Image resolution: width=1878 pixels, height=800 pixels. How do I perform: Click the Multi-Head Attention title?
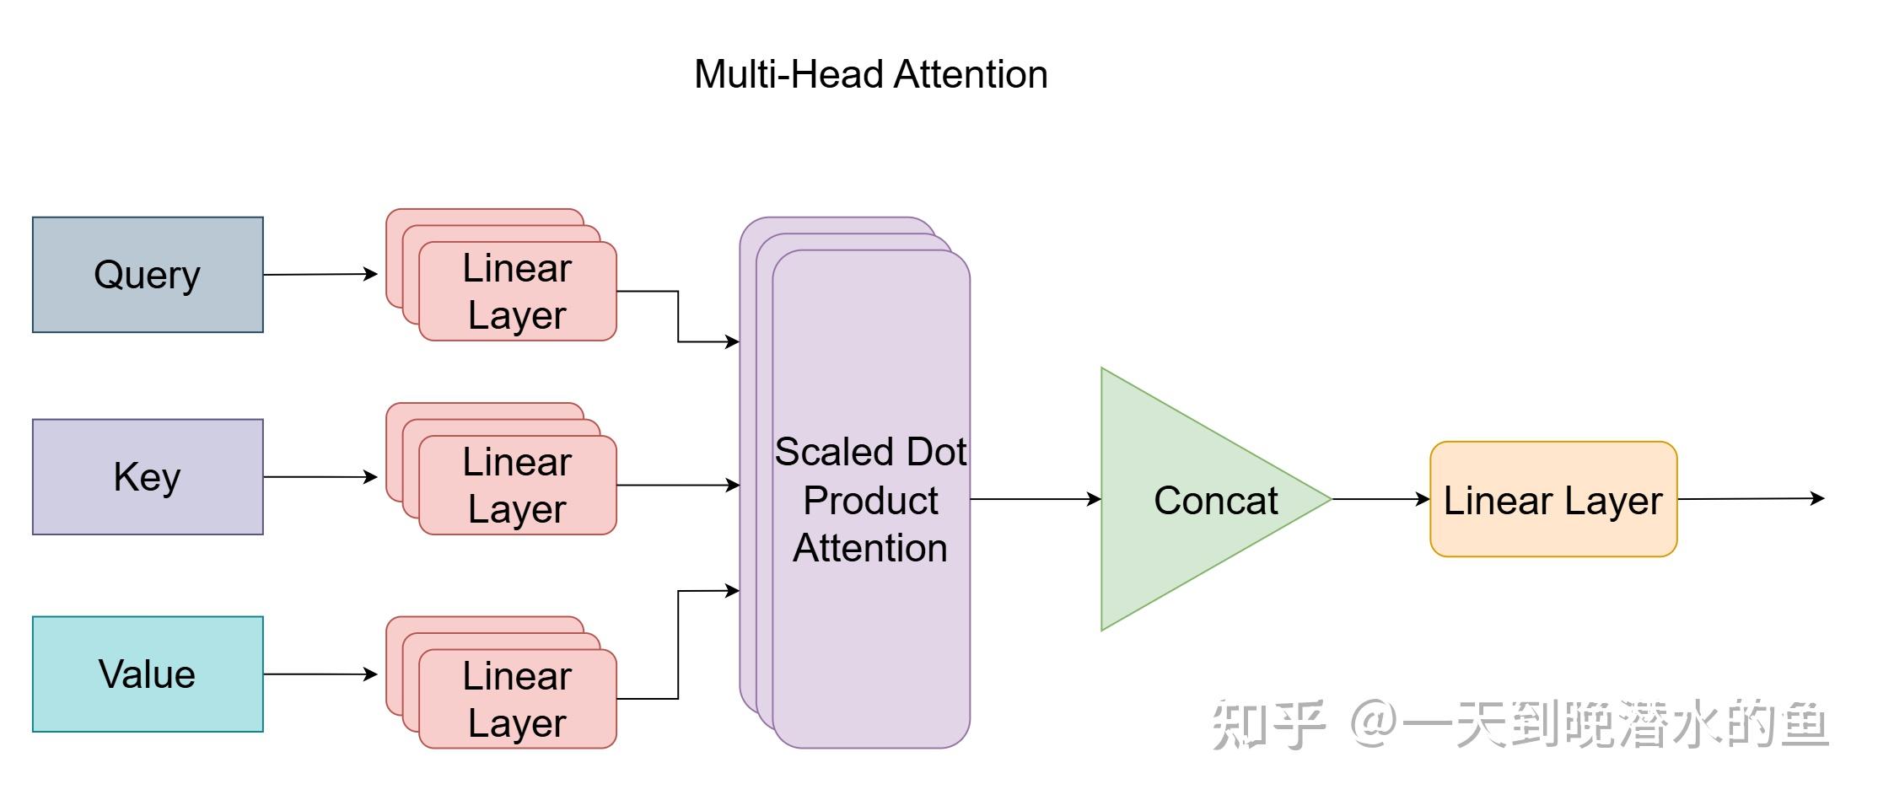click(x=870, y=74)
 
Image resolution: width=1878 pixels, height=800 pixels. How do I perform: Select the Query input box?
click(x=148, y=275)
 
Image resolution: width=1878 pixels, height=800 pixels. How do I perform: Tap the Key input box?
click(x=148, y=477)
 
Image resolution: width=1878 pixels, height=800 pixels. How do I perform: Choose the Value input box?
click(x=148, y=674)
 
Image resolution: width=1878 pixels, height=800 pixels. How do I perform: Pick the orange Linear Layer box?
click(x=1552, y=499)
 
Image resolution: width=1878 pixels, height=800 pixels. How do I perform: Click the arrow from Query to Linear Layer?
click(x=320, y=274)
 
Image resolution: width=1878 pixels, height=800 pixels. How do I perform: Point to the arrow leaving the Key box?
click(x=320, y=477)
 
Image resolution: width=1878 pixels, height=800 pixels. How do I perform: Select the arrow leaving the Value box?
click(x=320, y=674)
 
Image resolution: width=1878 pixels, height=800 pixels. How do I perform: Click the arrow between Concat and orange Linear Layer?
click(x=1380, y=499)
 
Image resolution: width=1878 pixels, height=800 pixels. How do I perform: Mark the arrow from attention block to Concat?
click(x=1035, y=499)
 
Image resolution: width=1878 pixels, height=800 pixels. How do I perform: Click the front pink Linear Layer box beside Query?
click(x=517, y=292)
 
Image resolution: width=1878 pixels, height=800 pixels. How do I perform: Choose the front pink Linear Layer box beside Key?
click(x=517, y=486)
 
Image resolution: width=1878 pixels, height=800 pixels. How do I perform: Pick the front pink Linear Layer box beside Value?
click(x=517, y=700)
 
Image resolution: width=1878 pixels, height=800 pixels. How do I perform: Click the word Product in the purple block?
click(x=870, y=501)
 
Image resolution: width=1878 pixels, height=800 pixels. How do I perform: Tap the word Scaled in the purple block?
click(x=822, y=453)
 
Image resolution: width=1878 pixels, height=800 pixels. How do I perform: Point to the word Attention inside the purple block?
click(x=870, y=549)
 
